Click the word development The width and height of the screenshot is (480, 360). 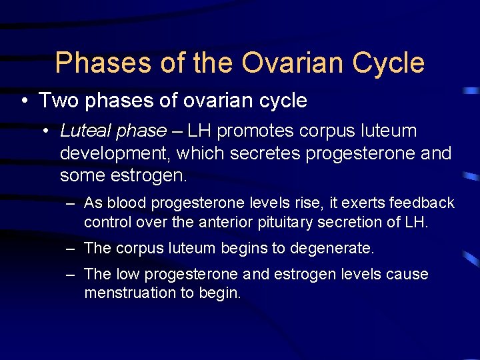[x=115, y=154]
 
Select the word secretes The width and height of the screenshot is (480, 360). [x=265, y=154]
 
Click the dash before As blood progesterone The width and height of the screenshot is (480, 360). [x=70, y=203]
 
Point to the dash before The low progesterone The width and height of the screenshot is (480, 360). [x=70, y=275]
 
